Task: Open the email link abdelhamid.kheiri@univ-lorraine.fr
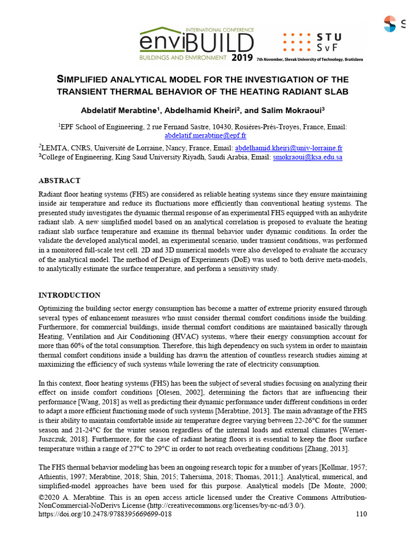coord(289,148)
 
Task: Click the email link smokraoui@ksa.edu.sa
coord(308,157)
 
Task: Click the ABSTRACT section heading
coord(60,181)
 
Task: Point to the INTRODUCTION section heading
coord(70,295)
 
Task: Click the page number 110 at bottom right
coord(361,514)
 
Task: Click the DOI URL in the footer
coord(106,514)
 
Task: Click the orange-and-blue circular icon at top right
coord(390,23)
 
